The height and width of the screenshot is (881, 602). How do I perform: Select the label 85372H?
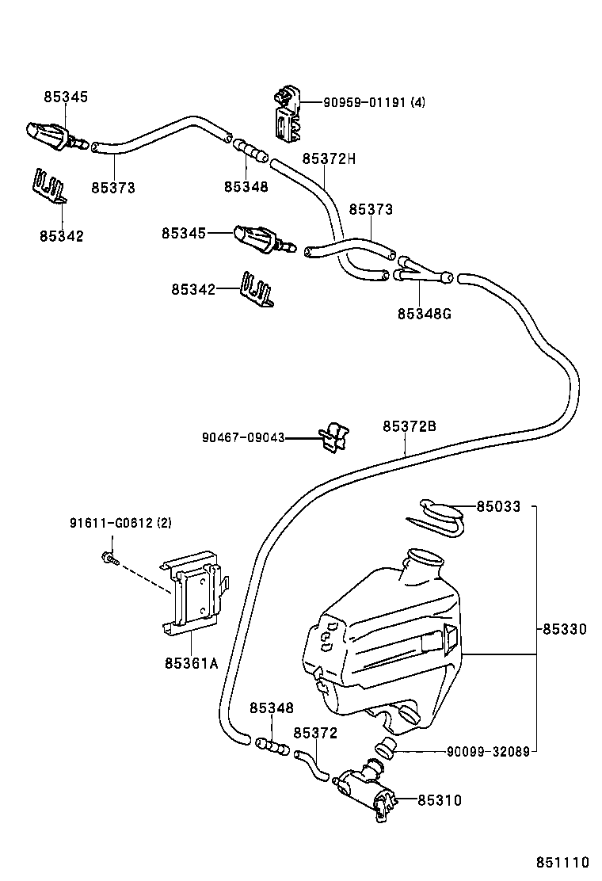pos(329,158)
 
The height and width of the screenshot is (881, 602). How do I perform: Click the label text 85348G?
pos(425,313)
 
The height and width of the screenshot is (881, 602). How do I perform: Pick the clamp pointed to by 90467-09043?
pos(333,436)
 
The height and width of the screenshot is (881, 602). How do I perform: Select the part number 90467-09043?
pos(243,437)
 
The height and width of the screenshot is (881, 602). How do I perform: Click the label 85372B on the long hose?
pos(410,426)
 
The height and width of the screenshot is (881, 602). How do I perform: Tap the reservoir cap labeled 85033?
pos(440,514)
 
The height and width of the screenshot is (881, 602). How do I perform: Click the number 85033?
pos(498,506)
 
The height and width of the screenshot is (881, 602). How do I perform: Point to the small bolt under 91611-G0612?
pos(109,559)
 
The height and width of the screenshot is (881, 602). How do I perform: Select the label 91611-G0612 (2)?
pos(120,523)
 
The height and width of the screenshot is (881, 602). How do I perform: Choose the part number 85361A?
pos(191,663)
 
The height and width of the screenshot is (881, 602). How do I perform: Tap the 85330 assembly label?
pos(565,629)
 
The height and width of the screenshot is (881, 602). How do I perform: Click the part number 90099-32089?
pos(488,751)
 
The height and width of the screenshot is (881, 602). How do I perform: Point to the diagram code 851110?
pos(563,862)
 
